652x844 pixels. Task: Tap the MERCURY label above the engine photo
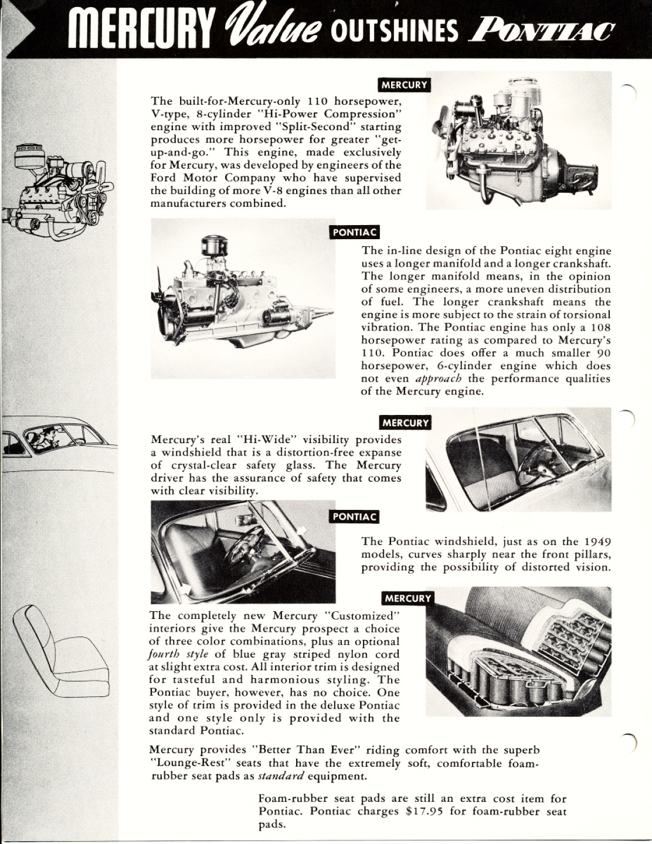click(x=405, y=84)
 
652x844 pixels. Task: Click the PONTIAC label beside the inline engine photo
click(x=354, y=232)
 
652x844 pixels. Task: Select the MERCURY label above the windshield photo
click(x=405, y=422)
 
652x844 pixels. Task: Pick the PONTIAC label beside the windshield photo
click(x=354, y=516)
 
